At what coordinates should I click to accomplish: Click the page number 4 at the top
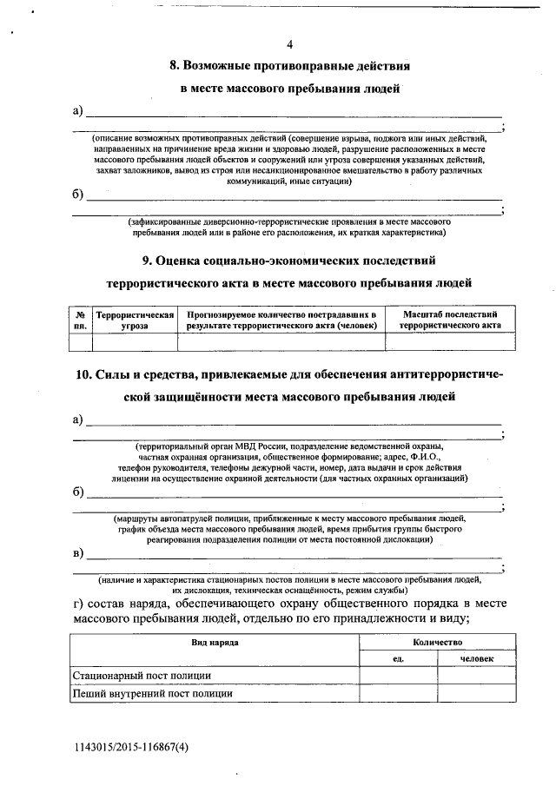point(290,44)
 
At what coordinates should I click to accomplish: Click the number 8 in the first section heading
point(173,65)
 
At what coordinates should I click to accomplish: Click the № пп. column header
point(80,319)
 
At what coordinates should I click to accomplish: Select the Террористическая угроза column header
point(135,319)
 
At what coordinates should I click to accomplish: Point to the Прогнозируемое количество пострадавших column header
point(281,319)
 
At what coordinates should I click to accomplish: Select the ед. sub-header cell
point(400,659)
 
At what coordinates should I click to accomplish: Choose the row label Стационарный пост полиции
point(142,676)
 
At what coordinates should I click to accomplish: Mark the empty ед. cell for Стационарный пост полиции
point(400,676)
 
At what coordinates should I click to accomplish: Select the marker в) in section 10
point(78,553)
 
